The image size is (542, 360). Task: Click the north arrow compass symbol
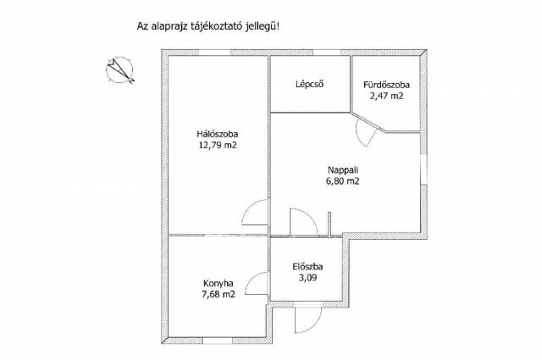click(x=119, y=70)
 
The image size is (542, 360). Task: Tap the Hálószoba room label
click(x=218, y=134)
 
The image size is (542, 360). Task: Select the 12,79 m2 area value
click(x=218, y=145)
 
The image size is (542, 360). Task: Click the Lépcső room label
click(x=310, y=84)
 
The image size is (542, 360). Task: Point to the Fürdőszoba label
click(x=386, y=85)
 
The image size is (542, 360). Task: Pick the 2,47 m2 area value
click(x=386, y=96)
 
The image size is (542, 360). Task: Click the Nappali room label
click(x=343, y=169)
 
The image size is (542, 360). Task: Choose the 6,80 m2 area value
click(x=343, y=181)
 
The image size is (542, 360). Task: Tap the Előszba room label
click(x=307, y=267)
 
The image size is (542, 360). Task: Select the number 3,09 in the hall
click(x=307, y=278)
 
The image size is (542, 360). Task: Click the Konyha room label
click(x=218, y=283)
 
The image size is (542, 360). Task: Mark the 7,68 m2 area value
click(x=218, y=295)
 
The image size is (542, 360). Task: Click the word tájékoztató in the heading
click(x=218, y=26)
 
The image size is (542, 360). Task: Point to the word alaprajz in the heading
click(x=169, y=26)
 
